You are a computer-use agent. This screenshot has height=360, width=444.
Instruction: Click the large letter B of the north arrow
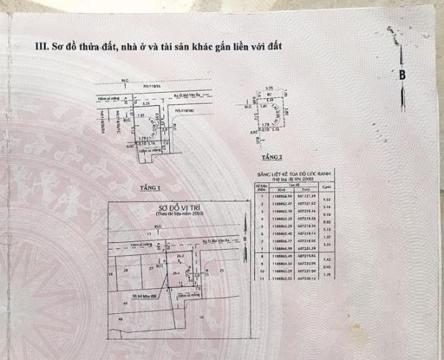[402, 74]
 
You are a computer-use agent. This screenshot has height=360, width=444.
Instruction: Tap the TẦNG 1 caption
[151, 188]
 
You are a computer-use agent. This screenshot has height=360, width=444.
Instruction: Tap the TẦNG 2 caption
[273, 156]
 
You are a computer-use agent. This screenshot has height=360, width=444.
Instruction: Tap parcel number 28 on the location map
[127, 270]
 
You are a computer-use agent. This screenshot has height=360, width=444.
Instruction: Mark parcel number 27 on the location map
[151, 268]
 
